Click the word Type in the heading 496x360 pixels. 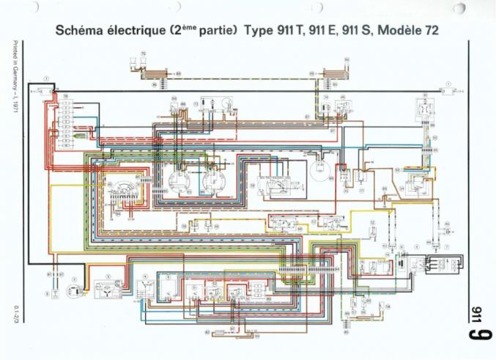click(x=259, y=32)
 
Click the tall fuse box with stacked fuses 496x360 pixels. click(x=67, y=117)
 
